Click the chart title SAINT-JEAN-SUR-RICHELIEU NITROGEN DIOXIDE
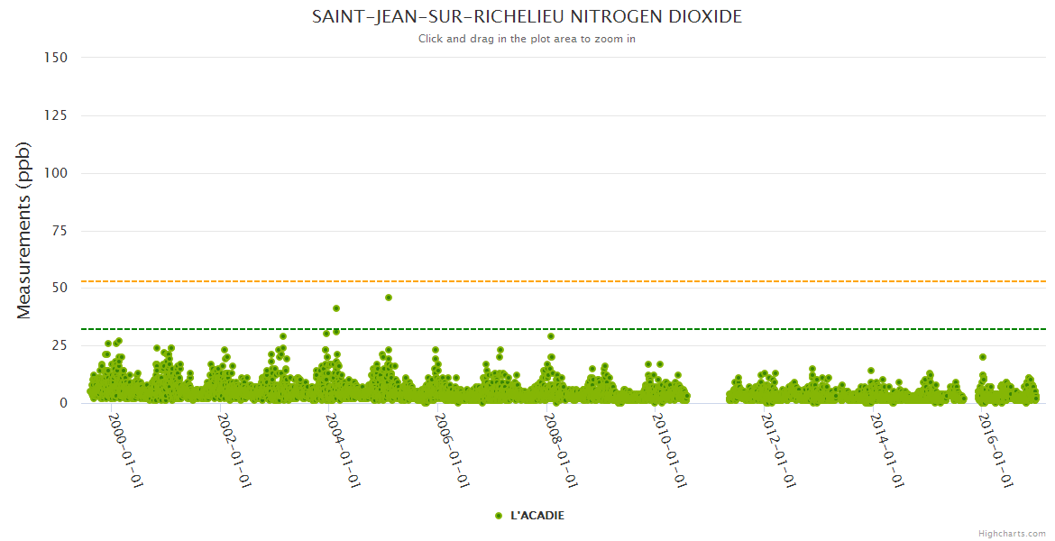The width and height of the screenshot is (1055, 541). point(527,17)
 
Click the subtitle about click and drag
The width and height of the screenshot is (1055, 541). point(527,39)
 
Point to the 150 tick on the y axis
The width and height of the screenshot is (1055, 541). point(56,58)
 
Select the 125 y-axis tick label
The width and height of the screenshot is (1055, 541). point(56,115)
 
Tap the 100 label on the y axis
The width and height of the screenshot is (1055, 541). point(56,173)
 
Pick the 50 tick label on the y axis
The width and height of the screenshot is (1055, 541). point(60,289)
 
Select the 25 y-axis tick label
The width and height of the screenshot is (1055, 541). point(60,346)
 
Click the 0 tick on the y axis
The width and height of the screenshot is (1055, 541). point(63,404)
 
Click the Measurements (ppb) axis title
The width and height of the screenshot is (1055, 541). point(24,231)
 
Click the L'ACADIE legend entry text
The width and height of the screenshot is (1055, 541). point(537,516)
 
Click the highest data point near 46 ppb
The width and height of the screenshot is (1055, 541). point(389,298)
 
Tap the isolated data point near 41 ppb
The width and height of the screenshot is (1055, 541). point(336,308)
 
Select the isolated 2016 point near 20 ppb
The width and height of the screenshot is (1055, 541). point(983,357)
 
